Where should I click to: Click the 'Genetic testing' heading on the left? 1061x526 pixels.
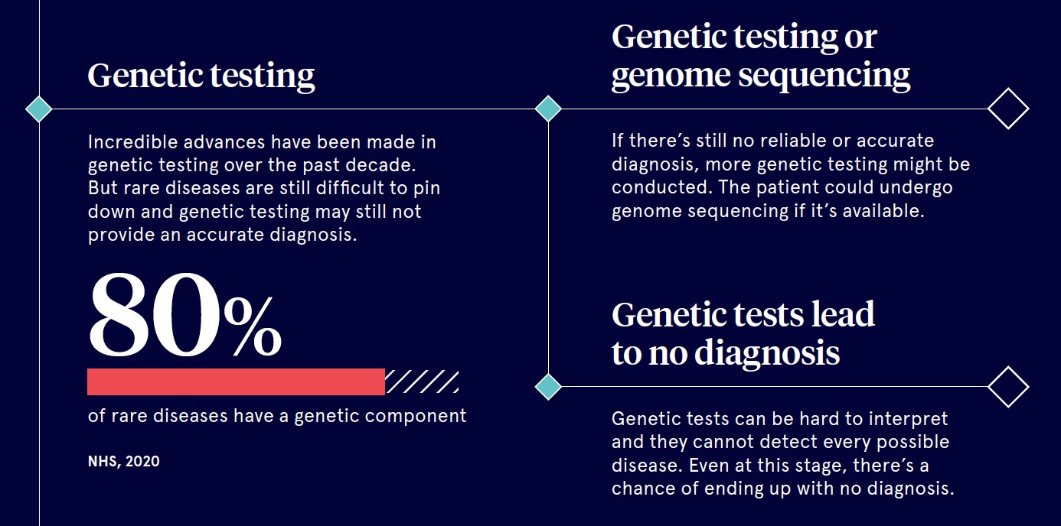click(x=201, y=76)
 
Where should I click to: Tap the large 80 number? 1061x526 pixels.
click(x=155, y=314)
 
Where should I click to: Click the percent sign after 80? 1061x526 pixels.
click(x=253, y=326)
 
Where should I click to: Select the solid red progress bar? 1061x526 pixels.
click(x=236, y=382)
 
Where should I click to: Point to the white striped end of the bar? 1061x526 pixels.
click(x=422, y=382)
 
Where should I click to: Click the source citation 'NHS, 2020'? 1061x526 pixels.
click(x=123, y=461)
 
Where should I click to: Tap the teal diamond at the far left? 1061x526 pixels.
click(x=39, y=109)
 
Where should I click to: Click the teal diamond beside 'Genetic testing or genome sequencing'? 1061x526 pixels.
click(x=548, y=109)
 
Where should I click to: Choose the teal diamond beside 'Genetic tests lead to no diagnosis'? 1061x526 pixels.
click(x=548, y=386)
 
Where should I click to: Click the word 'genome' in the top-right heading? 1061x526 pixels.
click(x=671, y=76)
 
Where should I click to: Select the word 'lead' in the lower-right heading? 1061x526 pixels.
click(x=843, y=314)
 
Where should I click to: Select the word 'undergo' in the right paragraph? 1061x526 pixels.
click(x=916, y=188)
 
